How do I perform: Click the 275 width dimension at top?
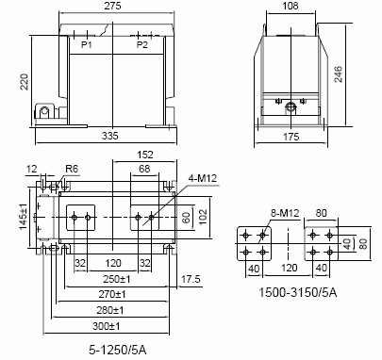coord(112,6)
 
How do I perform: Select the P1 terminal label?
coord(87,45)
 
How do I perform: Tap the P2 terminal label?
coord(141,45)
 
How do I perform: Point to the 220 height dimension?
coord(25,82)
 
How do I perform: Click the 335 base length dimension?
coord(110,136)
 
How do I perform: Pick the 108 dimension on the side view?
coord(291,6)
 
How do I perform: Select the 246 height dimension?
coord(339,74)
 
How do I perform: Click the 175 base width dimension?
coord(291,137)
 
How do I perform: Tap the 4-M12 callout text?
coord(203,179)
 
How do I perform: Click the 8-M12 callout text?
coord(285,213)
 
